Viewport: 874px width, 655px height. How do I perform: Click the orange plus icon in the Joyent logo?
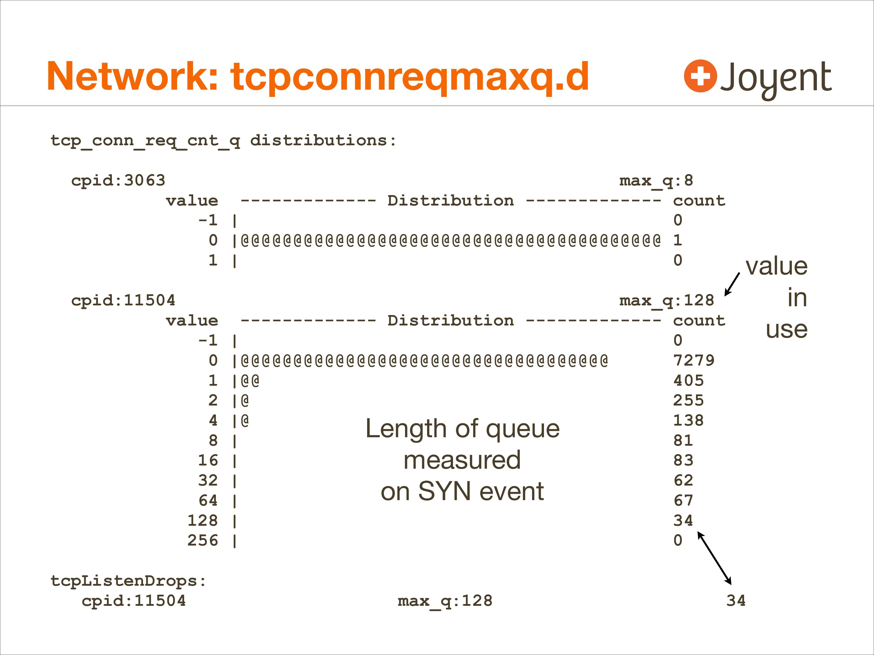(x=700, y=76)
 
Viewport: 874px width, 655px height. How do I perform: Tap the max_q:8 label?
(x=656, y=180)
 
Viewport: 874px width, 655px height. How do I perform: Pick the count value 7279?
(x=694, y=360)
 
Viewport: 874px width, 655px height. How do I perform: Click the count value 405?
(x=688, y=380)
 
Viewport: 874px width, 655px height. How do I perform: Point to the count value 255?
(x=688, y=400)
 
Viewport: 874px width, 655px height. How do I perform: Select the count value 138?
(x=688, y=420)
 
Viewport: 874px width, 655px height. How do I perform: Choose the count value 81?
(x=683, y=440)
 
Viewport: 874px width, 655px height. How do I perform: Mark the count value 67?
(x=683, y=500)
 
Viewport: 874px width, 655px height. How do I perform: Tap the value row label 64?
(x=208, y=500)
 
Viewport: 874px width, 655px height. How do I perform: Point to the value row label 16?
(x=208, y=460)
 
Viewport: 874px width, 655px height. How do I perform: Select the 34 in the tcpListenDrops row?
(x=736, y=601)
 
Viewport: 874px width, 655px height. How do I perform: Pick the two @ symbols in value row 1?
(x=250, y=380)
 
